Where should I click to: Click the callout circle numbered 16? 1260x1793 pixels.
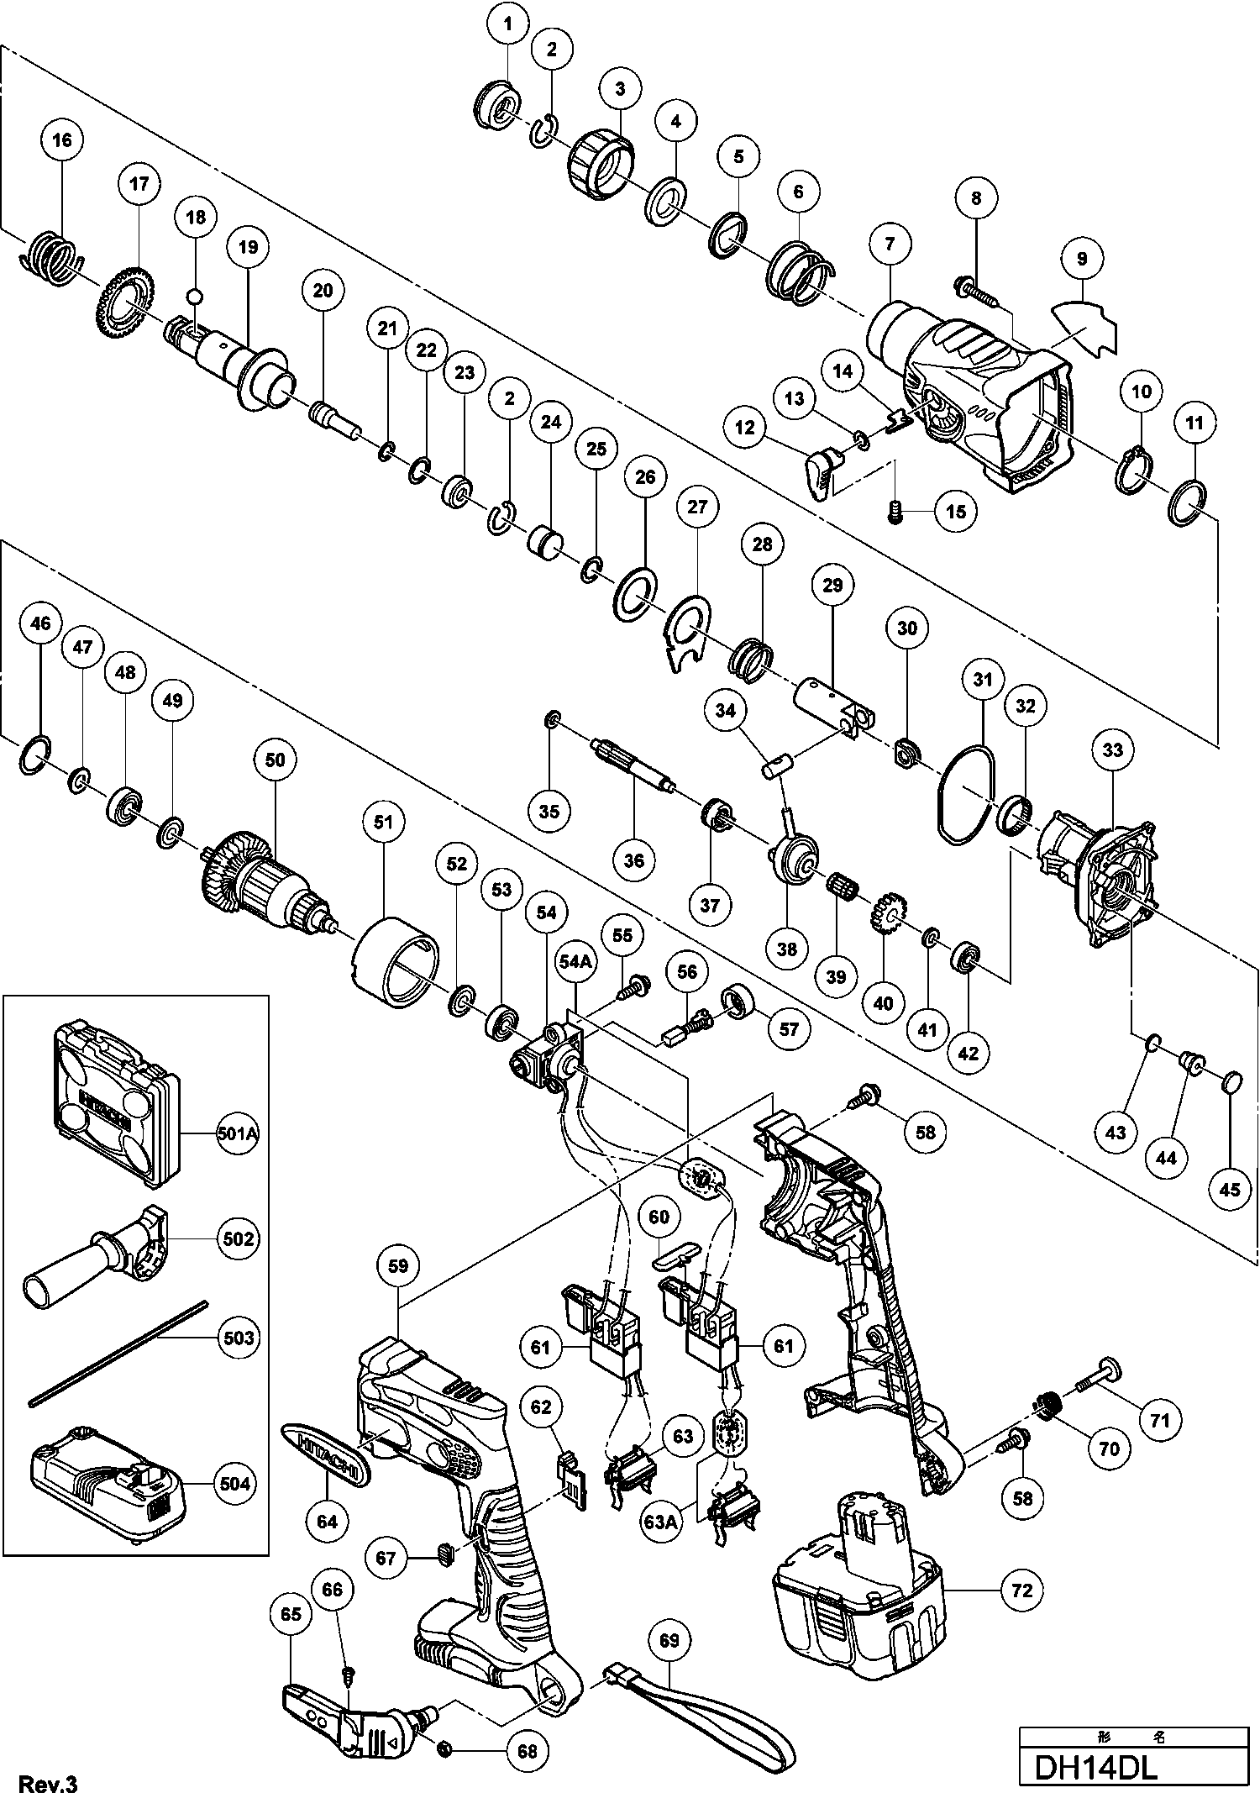(63, 139)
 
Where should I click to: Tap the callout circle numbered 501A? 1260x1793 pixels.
(237, 1133)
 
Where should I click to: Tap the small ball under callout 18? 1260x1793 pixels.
(196, 295)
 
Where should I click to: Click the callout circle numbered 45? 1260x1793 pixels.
(1229, 1189)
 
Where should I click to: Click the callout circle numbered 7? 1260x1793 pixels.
(890, 244)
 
